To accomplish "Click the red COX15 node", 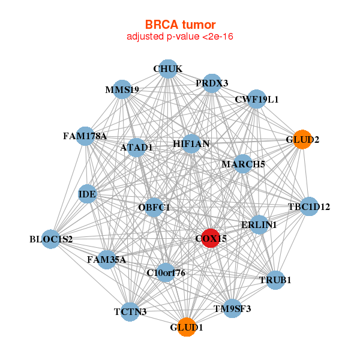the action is (211, 238).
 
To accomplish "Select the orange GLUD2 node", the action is (303, 139).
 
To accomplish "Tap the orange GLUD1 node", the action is (187, 327).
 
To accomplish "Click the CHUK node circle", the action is (168, 69).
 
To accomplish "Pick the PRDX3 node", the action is (212, 83).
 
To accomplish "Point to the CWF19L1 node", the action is (256, 99).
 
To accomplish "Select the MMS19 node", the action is (122, 90).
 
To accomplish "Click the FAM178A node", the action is (85, 136).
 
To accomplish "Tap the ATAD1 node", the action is (137, 147).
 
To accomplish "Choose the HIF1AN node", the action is (191, 143).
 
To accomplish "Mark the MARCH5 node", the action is (243, 163).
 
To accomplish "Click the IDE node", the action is (88, 194).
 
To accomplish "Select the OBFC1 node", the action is (154, 208).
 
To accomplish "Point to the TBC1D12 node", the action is (308, 207).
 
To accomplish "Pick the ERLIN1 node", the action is (259, 224).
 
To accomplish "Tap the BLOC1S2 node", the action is (51, 239).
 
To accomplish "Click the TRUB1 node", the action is (275, 280).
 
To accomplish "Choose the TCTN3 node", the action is (130, 311).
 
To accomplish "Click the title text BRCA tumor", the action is (180, 25).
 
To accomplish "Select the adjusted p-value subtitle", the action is (180, 37).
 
